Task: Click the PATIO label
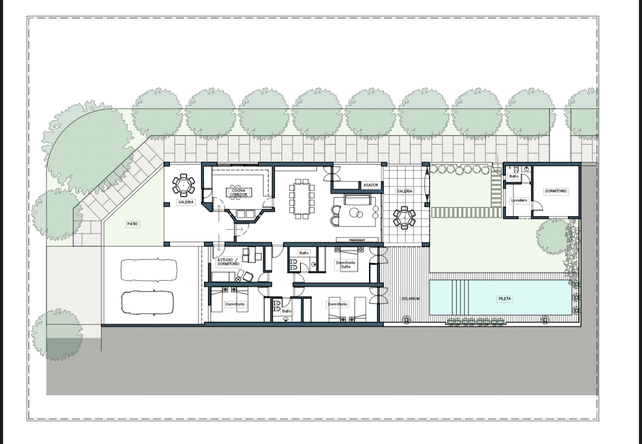click(133, 224)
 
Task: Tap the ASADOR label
click(371, 185)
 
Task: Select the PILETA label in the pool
click(505, 299)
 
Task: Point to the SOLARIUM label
click(410, 299)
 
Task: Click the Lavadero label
click(519, 201)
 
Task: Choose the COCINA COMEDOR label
click(238, 192)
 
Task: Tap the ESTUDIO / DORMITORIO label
click(229, 262)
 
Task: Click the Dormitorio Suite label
click(346, 264)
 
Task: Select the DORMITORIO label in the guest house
click(556, 191)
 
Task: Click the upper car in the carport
click(149, 270)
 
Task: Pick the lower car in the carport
click(147, 303)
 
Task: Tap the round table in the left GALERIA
click(183, 185)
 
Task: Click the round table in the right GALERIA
click(405, 218)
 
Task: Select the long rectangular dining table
click(302, 199)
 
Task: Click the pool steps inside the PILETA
click(460, 297)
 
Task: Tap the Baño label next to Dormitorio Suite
click(304, 253)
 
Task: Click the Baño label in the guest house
click(513, 176)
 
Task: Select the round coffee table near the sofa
click(356, 213)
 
